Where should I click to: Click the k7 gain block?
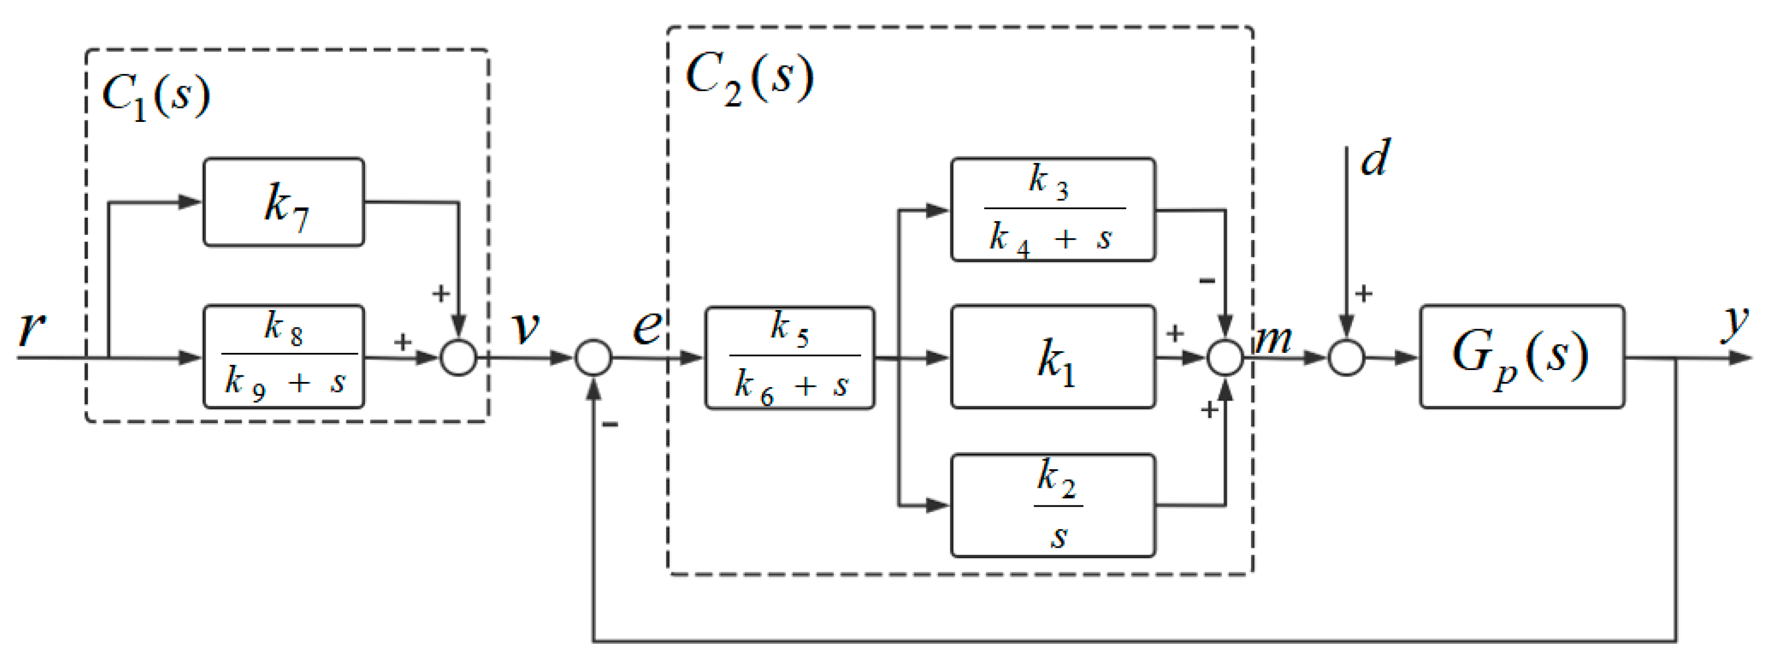tap(283, 203)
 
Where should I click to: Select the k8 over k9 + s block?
tap(283, 357)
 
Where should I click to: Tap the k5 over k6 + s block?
tap(789, 358)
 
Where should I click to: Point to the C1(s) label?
tap(156, 95)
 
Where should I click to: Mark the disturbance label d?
tap(1375, 159)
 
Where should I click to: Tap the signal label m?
tap(1274, 340)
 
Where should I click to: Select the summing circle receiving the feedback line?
tap(593, 358)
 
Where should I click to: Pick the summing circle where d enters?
tap(1346, 358)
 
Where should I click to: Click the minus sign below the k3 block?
tap(1206, 280)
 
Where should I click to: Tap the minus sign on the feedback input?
tap(609, 424)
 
